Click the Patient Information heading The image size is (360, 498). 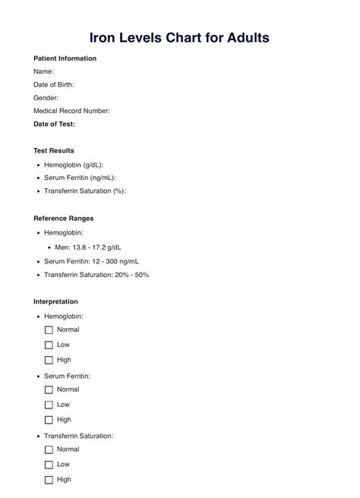click(65, 58)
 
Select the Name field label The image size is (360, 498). click(43, 71)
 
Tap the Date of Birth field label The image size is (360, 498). click(54, 84)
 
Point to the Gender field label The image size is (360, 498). click(46, 98)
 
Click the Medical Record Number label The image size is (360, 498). click(71, 111)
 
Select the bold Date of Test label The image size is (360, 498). click(54, 124)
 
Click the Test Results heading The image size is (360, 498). click(54, 150)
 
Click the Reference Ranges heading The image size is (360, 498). click(64, 218)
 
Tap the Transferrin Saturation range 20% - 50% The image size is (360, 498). click(96, 274)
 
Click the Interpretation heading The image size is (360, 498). click(55, 301)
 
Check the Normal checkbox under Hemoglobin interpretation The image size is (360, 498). click(49, 330)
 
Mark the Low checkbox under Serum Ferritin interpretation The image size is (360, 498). click(49, 405)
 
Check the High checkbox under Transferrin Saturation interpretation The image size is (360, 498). click(49, 480)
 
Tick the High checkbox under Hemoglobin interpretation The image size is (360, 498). click(49, 360)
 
